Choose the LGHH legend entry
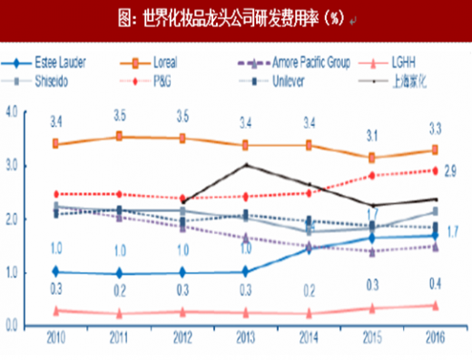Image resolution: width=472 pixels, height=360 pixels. (403, 64)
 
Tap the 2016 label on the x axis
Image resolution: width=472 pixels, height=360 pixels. (435, 338)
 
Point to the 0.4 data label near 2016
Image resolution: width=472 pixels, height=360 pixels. (435, 284)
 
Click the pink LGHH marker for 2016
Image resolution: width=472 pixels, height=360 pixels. (435, 306)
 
